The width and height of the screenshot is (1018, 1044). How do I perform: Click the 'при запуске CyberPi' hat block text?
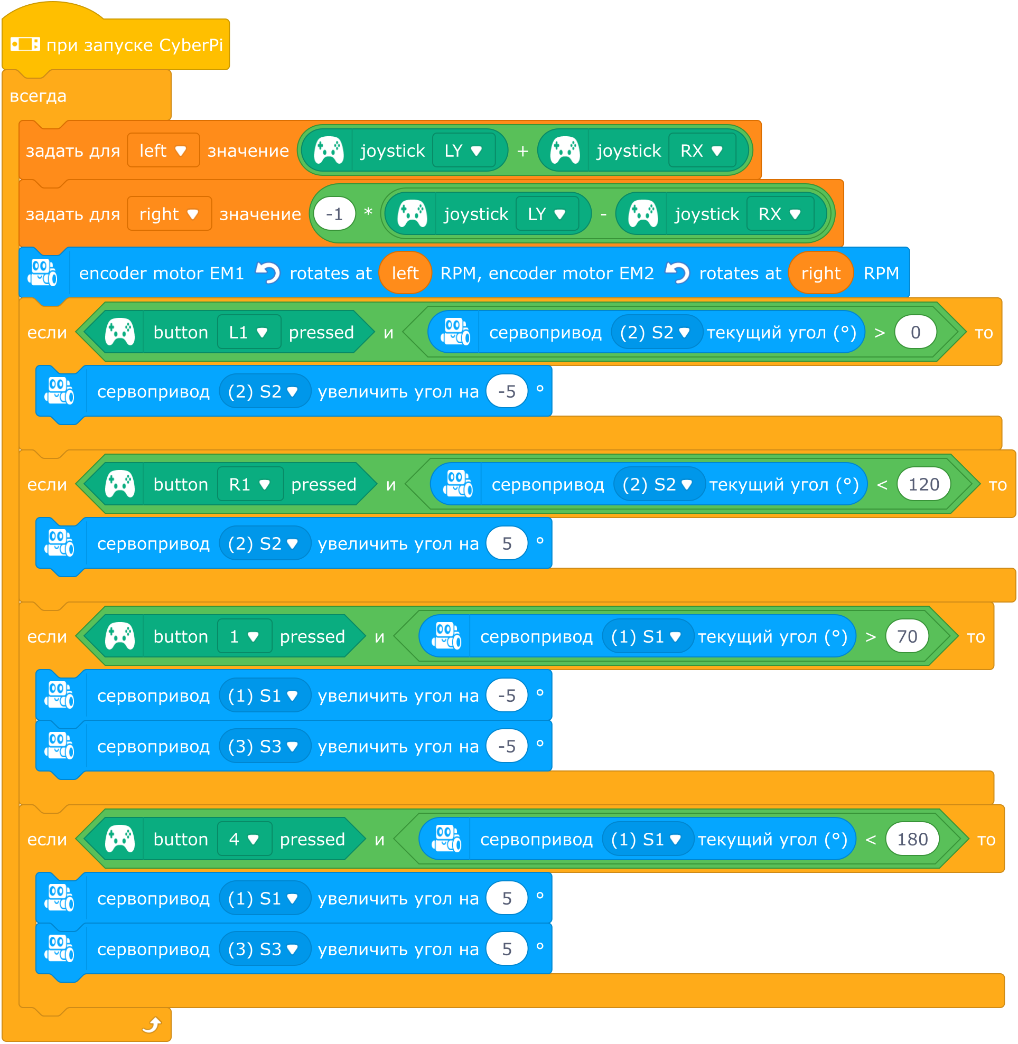pyautogui.click(x=134, y=45)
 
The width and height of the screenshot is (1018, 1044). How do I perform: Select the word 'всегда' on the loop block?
pyautogui.click(x=38, y=96)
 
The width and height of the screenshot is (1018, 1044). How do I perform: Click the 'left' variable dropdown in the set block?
pyautogui.click(x=163, y=151)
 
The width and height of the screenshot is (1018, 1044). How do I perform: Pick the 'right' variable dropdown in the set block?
pyautogui.click(x=169, y=214)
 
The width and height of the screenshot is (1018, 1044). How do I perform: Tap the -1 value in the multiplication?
pyautogui.click(x=335, y=214)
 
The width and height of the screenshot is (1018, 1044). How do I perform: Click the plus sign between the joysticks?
pyautogui.click(x=523, y=151)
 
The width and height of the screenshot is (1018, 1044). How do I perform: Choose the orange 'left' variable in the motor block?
pyautogui.click(x=405, y=274)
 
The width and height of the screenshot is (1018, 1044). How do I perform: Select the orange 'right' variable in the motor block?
pyautogui.click(x=821, y=274)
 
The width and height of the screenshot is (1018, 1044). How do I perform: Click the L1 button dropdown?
pyautogui.click(x=249, y=333)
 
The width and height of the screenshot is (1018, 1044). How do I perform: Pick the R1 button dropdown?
pyautogui.click(x=250, y=485)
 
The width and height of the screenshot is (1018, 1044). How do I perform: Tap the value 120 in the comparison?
pyautogui.click(x=924, y=485)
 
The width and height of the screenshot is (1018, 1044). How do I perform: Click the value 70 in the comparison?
pyautogui.click(x=907, y=637)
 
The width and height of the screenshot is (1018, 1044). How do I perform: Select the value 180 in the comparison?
pyautogui.click(x=912, y=839)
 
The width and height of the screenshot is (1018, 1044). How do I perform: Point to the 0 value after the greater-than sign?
pyautogui.click(x=916, y=333)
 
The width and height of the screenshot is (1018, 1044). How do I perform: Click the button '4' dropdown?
pyautogui.click(x=245, y=839)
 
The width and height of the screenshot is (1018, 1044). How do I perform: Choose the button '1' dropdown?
pyautogui.click(x=245, y=637)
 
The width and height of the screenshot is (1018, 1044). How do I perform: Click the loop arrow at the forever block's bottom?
pyautogui.click(x=152, y=1026)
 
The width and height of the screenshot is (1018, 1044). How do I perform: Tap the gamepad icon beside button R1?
pyautogui.click(x=120, y=485)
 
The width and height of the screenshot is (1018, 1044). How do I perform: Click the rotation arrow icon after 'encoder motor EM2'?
pyautogui.click(x=677, y=273)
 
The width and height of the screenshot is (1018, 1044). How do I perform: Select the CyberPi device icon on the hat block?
pyautogui.click(x=25, y=44)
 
